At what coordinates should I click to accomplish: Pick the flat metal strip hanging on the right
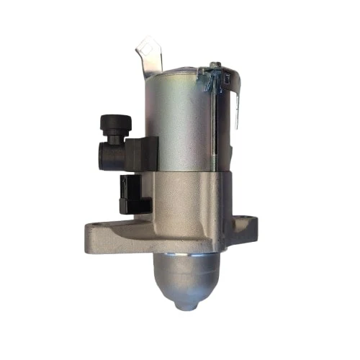tap(236, 101)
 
